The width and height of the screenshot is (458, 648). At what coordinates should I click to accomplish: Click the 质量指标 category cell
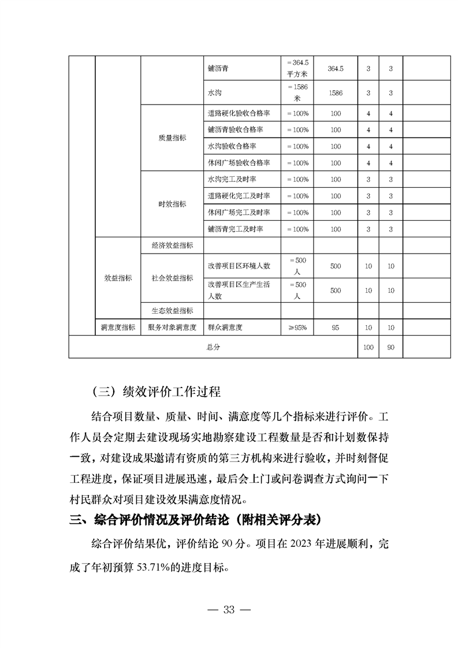coord(172,138)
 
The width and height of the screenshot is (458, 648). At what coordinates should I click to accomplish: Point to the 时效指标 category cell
coord(172,204)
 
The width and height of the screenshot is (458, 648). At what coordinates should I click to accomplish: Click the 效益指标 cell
coord(118,278)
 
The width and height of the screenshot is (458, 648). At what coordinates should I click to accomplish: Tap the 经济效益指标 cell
coord(172,245)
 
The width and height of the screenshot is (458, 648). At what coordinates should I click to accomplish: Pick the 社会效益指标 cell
coord(172,278)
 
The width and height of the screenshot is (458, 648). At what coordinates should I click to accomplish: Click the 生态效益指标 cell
coord(172,311)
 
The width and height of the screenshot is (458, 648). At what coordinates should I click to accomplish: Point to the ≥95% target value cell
coord(297,327)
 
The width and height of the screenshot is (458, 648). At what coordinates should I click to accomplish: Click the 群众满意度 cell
coord(225,327)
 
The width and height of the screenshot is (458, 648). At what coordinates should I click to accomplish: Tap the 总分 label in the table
coord(213,348)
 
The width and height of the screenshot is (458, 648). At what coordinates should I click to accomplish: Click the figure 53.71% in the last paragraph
coord(159,567)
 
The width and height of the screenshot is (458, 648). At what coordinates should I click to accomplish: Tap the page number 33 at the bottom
coord(229,611)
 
